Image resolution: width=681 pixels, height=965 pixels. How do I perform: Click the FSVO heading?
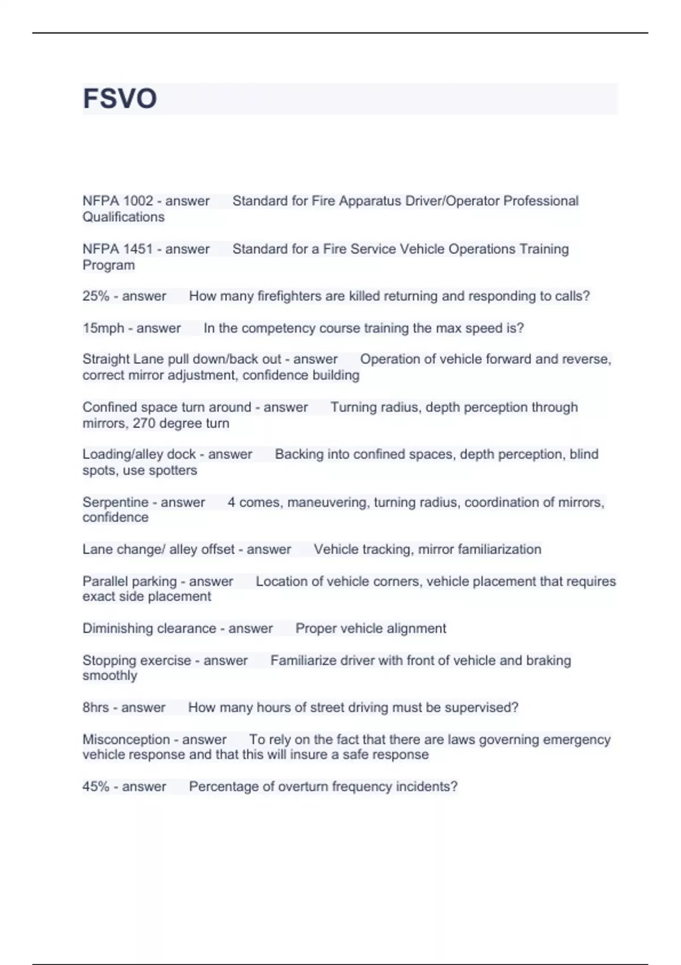pyautogui.click(x=120, y=98)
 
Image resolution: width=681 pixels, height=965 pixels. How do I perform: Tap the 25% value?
pyautogui.click(x=95, y=296)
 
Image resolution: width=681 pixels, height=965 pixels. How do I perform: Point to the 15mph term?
pyautogui.click(x=103, y=328)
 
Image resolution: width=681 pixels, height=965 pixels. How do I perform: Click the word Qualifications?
pyautogui.click(x=123, y=217)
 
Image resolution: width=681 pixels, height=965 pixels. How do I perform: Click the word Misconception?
pyautogui.click(x=126, y=740)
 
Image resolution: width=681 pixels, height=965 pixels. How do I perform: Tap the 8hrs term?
pyautogui.click(x=95, y=707)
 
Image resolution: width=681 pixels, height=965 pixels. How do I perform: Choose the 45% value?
pyautogui.click(x=95, y=787)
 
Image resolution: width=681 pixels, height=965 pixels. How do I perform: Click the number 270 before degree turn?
pyautogui.click(x=144, y=423)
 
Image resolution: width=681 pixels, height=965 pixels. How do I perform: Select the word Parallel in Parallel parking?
pyautogui.click(x=105, y=581)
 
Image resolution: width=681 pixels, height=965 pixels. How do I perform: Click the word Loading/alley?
pyautogui.click(x=123, y=454)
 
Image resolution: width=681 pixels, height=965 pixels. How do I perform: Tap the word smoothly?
pyautogui.click(x=110, y=675)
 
